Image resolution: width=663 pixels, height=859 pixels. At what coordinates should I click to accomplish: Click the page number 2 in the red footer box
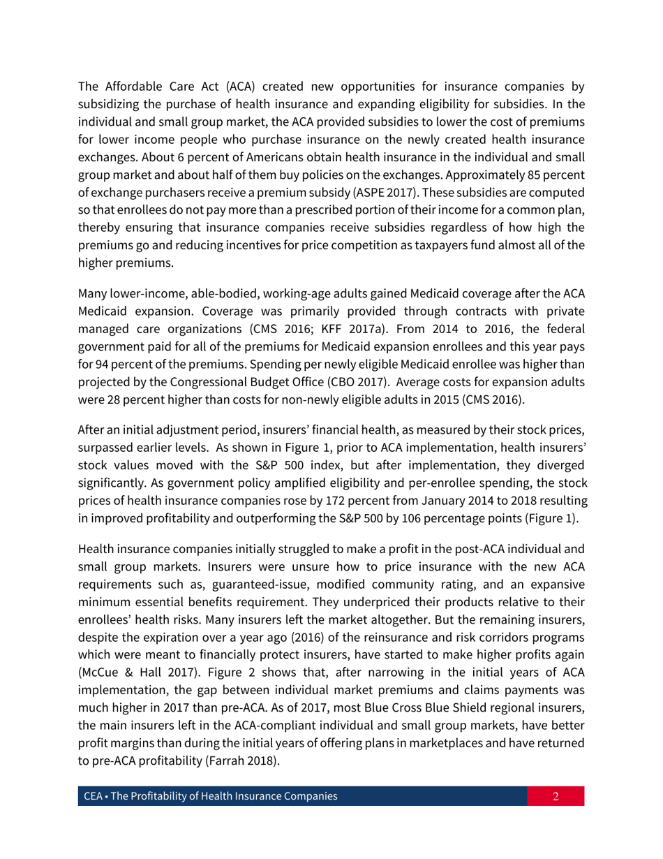click(x=556, y=796)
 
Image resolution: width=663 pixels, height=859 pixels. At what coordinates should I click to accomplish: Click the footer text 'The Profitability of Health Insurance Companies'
click(x=224, y=796)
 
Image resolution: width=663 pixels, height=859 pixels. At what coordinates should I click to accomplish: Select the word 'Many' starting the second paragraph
click(x=91, y=293)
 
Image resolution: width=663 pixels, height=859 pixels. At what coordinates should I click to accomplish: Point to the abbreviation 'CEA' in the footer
click(x=92, y=796)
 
